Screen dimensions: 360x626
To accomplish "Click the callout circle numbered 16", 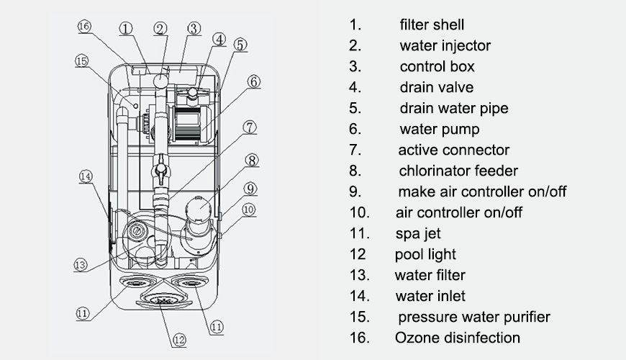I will [x=84, y=27].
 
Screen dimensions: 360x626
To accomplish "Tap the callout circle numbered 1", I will [x=126, y=29].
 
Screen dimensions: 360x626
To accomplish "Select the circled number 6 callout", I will [x=253, y=81].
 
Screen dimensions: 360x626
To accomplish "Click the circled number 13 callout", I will [x=81, y=264].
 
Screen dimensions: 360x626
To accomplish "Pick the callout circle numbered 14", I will [x=86, y=176].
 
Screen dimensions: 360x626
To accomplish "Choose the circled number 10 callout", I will [x=249, y=210].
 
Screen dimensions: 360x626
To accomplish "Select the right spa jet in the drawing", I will [x=194, y=283].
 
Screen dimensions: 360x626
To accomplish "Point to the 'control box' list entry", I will [x=437, y=66].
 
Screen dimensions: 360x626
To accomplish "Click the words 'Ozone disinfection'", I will [x=457, y=337].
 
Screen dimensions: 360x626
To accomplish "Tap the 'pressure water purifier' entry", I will [x=473, y=316].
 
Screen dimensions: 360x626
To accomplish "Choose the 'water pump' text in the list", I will [x=439, y=129].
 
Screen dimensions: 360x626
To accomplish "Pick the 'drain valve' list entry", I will [x=436, y=87].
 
